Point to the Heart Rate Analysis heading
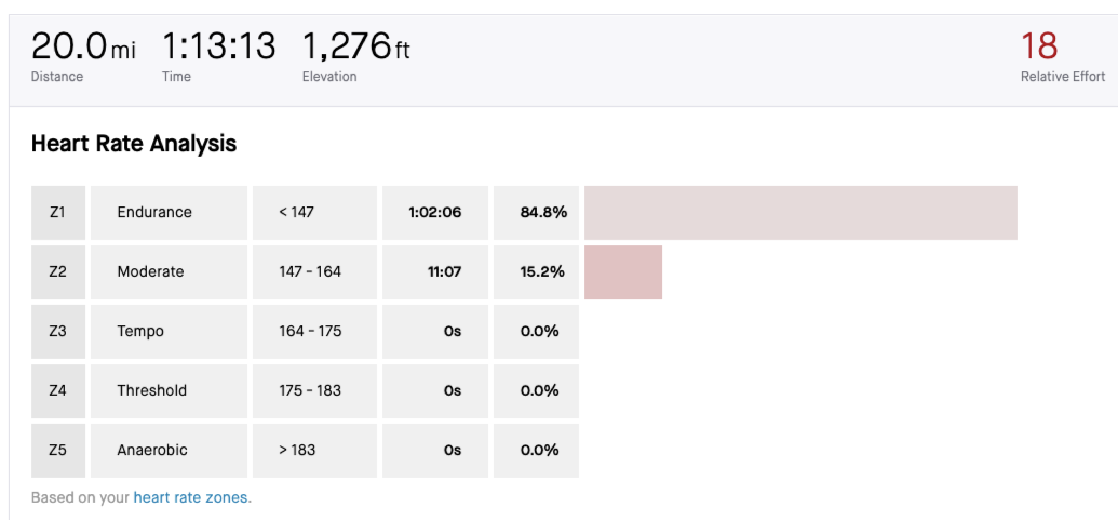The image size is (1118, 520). pyautogui.click(x=133, y=144)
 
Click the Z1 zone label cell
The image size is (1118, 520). pyautogui.click(x=58, y=212)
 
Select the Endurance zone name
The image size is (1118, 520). pyautogui.click(x=154, y=212)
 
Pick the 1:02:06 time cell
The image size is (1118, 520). pyautogui.click(x=435, y=212)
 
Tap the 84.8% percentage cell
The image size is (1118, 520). pyautogui.click(x=543, y=212)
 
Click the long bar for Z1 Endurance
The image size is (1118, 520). pyautogui.click(x=800, y=213)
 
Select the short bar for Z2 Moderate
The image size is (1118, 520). pyautogui.click(x=623, y=272)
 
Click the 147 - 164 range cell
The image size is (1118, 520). pyautogui.click(x=310, y=272)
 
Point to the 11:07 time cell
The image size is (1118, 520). pyautogui.click(x=444, y=272)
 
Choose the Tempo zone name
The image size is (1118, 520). pyautogui.click(x=140, y=331)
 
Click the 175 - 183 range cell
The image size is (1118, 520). pyautogui.click(x=310, y=391)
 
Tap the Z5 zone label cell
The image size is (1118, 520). pyautogui.click(x=58, y=450)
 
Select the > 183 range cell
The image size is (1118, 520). pyautogui.click(x=297, y=450)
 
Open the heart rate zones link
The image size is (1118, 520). pyautogui.click(x=190, y=497)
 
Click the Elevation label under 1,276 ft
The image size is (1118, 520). pyautogui.click(x=329, y=77)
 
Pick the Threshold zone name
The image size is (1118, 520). pyautogui.click(x=152, y=391)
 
